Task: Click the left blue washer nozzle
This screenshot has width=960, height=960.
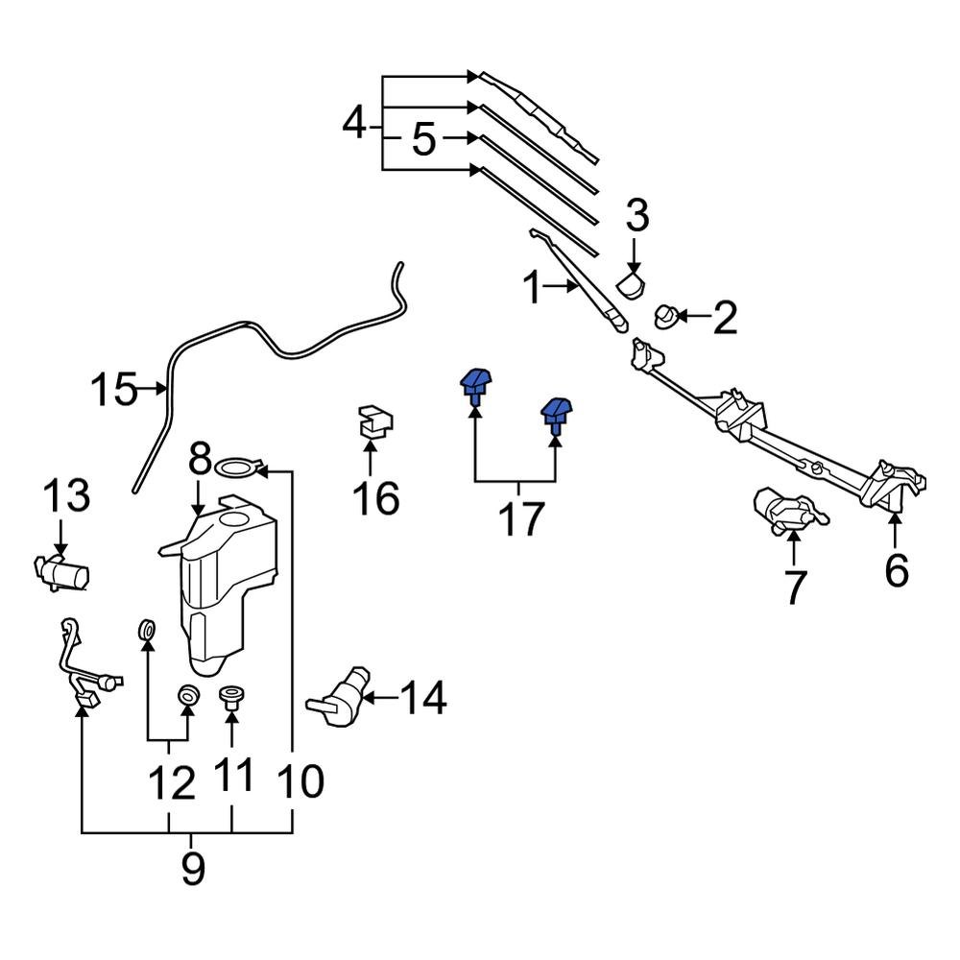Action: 476,386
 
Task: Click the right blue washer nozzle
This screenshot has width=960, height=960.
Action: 556,414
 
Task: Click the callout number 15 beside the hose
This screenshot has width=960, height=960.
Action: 114,390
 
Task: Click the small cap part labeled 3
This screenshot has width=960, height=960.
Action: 631,282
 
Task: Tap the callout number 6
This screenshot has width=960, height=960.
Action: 895,570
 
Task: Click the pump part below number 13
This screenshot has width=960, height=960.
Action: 63,574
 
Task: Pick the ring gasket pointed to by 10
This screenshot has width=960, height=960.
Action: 237,468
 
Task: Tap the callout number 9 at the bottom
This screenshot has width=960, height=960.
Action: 193,869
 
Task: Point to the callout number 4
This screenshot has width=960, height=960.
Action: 356,125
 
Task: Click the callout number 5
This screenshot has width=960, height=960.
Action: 424,140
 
